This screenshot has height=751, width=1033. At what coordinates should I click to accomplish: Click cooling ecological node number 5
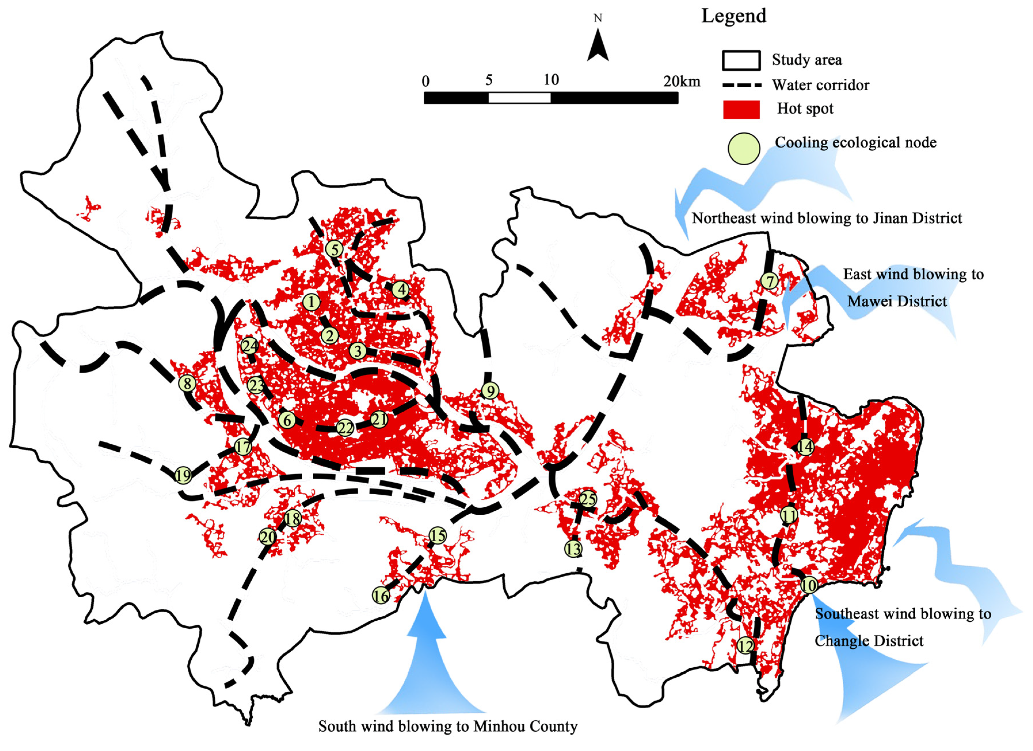click(x=334, y=249)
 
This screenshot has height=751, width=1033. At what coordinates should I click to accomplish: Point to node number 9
click(x=490, y=391)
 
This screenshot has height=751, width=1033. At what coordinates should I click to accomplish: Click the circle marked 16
click(x=381, y=595)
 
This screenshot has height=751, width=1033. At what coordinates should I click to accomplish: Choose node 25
click(x=588, y=499)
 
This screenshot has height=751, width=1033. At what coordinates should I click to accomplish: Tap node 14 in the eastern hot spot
click(x=805, y=447)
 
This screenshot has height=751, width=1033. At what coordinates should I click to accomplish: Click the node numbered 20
click(x=267, y=537)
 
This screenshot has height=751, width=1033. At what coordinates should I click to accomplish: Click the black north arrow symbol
click(x=598, y=46)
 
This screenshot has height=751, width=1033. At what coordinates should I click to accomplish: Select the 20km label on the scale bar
click(x=681, y=82)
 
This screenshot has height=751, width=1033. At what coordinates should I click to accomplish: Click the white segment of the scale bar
click(x=519, y=98)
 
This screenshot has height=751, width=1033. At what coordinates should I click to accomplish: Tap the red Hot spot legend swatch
click(x=741, y=110)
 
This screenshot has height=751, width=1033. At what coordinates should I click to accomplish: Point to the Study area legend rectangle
click(x=741, y=60)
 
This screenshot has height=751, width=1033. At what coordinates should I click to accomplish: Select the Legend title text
click(x=734, y=16)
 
